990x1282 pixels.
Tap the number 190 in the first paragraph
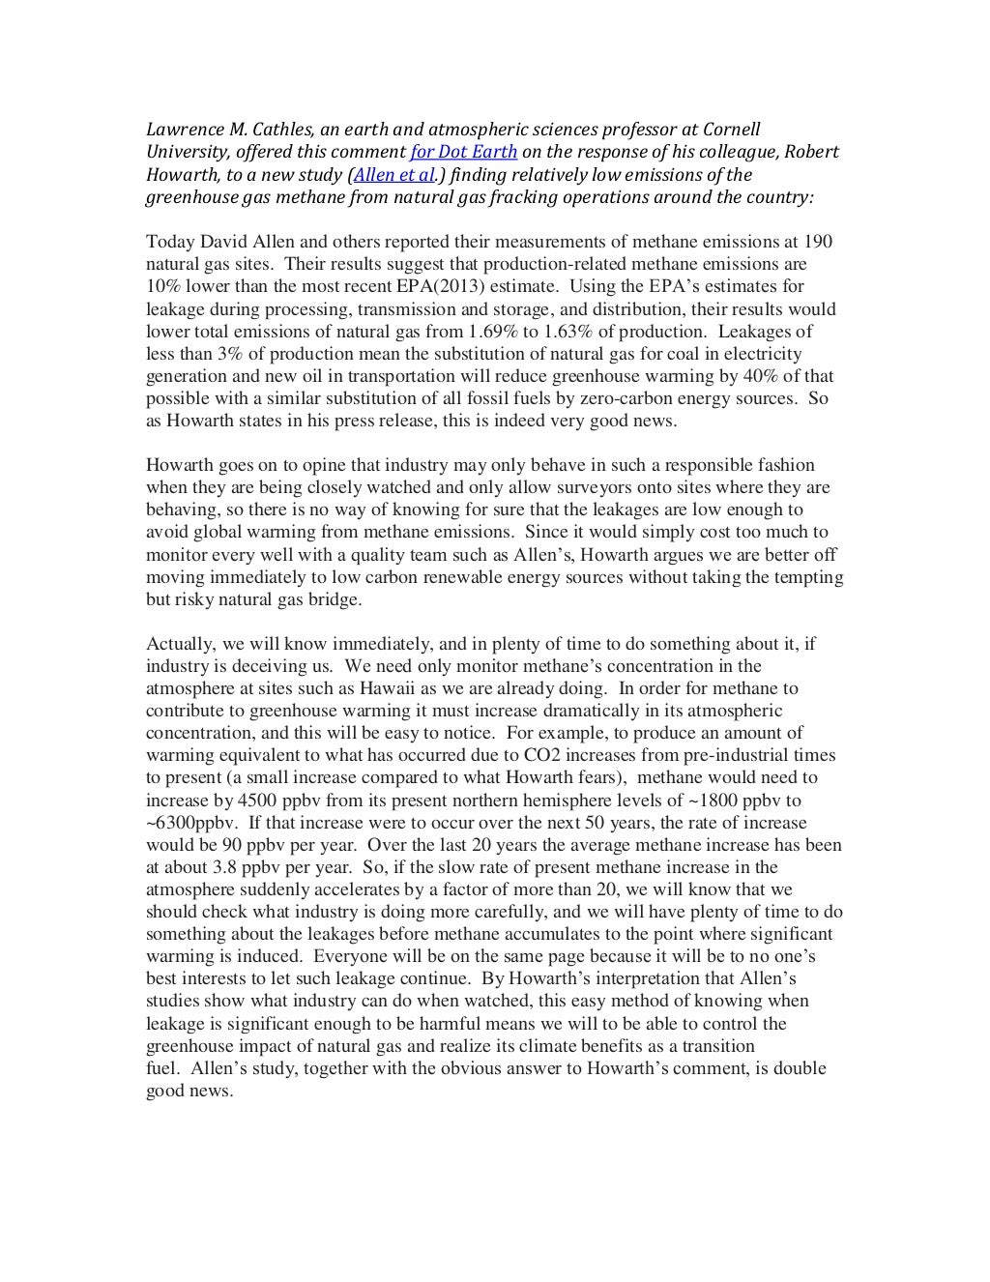818,241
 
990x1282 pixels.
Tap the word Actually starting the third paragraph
175,644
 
